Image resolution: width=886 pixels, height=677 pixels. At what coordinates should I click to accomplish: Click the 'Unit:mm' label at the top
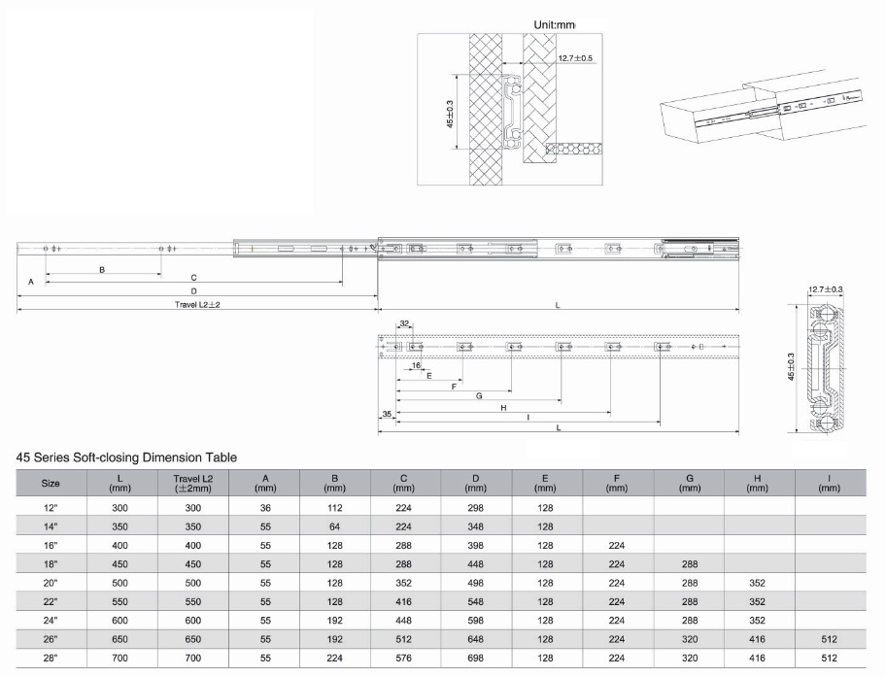point(555,25)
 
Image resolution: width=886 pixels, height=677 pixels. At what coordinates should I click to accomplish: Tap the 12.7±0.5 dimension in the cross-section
point(575,58)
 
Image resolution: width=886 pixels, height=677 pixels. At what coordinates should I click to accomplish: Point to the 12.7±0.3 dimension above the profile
point(825,289)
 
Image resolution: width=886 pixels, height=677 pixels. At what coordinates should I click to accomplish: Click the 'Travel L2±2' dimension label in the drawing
point(197,305)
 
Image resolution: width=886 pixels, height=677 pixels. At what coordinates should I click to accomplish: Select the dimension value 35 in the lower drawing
point(387,414)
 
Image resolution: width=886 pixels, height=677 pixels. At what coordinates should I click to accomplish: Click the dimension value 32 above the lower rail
point(404,323)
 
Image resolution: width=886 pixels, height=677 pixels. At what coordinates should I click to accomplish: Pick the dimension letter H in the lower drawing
point(503,407)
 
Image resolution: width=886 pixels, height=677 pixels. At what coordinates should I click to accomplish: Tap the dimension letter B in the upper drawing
point(102,270)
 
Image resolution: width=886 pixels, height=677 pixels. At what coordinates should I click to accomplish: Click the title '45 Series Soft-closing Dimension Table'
point(126,457)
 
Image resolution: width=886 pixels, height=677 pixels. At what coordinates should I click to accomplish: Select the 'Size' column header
point(51,483)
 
